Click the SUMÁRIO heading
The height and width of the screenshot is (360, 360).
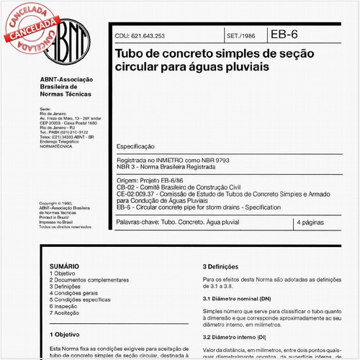pyautogui.click(x=63, y=266)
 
